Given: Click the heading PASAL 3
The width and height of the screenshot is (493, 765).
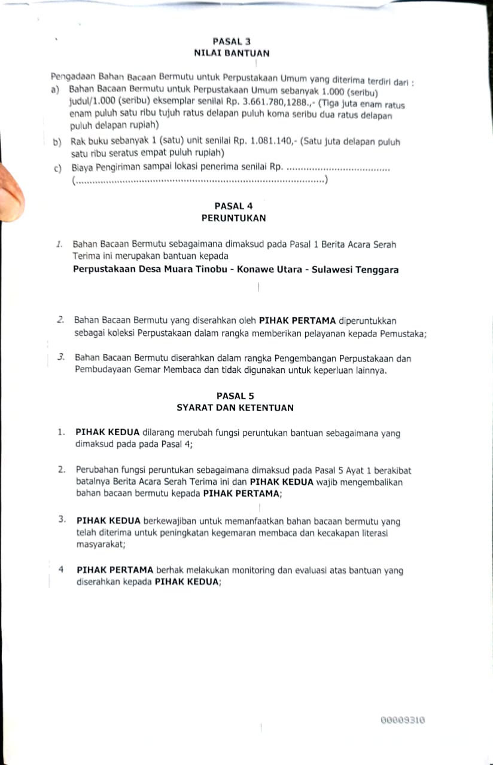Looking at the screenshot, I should point(228,41).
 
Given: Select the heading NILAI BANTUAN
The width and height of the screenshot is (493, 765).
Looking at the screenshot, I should point(232,53).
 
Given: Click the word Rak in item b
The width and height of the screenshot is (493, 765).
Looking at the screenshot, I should point(78,142).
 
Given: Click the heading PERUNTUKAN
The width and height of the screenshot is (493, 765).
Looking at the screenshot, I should point(234,218).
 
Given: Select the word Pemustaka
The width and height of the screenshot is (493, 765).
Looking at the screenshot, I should point(404,333).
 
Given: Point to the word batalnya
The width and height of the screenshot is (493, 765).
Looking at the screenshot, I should point(95,482).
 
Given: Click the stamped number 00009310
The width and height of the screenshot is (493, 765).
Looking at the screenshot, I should point(403,721).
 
